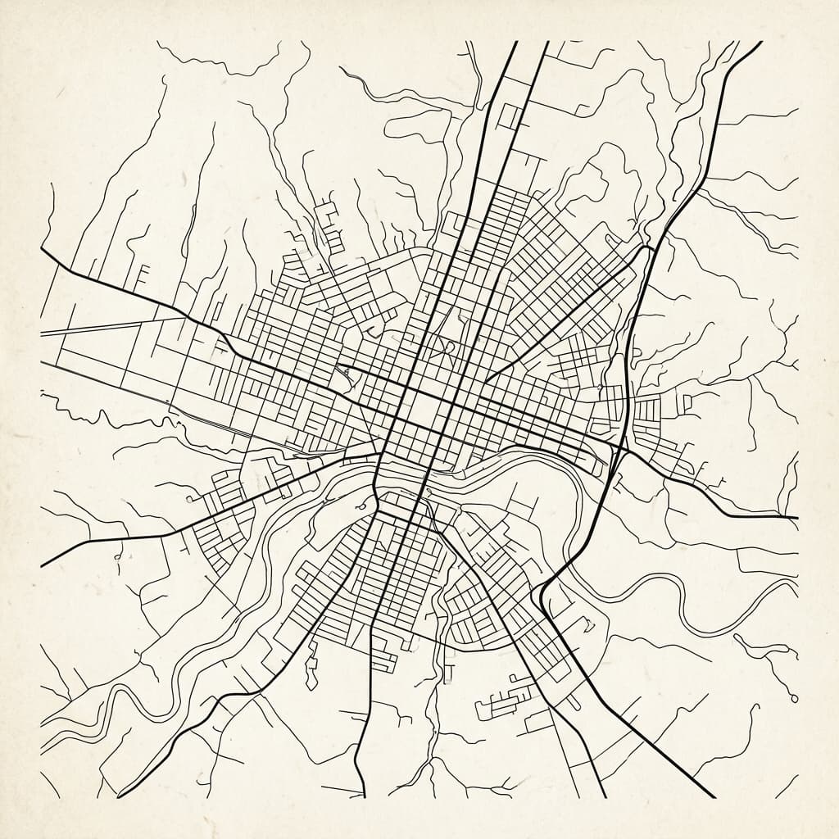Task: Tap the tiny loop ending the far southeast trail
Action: pyautogui.click(x=794, y=696)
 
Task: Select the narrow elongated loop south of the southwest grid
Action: pyautogui.click(x=311, y=664)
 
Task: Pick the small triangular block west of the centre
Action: pyautogui.click(x=347, y=376)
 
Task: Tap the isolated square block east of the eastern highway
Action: pyautogui.click(x=689, y=401)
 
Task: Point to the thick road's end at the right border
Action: pyautogui.click(x=795, y=518)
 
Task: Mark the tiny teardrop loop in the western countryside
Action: pyautogui.click(x=120, y=556)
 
